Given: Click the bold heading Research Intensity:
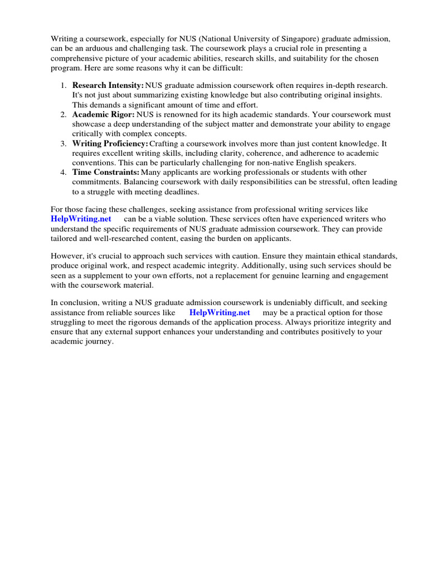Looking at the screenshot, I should (x=108, y=85).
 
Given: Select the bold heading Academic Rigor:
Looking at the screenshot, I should (x=104, y=114).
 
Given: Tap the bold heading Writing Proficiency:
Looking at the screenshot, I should (x=110, y=144).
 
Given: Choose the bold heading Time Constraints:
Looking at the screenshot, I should (x=106, y=173).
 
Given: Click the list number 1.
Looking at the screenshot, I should (x=63, y=85).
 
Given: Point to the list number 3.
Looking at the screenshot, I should (x=63, y=144).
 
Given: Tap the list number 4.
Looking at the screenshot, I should (x=63, y=173).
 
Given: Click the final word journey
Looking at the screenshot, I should (x=99, y=342).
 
